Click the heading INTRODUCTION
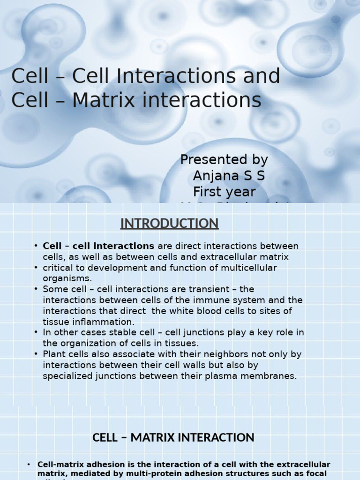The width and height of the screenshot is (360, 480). coord(169,224)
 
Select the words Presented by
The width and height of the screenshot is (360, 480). coord(224,160)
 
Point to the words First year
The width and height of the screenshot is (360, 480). coord(225,192)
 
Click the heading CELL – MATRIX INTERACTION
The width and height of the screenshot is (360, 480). coord(173,438)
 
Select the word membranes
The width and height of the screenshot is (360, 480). coord(269,376)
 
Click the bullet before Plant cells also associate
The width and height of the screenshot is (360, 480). coord(36,354)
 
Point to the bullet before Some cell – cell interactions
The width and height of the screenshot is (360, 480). coord(36,289)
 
